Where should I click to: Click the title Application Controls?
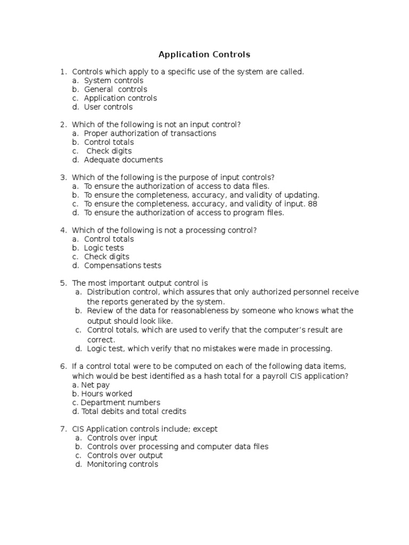tap(204, 54)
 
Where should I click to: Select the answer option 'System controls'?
tap(113, 80)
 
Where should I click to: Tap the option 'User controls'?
tap(108, 107)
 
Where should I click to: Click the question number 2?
tap(63, 125)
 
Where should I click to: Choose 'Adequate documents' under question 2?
tap(124, 160)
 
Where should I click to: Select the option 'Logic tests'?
tap(104, 248)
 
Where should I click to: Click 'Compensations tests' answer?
tap(122, 266)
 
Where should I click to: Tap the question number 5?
tap(63, 283)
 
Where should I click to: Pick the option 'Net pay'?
tap(95, 385)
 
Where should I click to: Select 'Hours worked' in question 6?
tap(107, 394)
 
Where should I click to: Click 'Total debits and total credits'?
tap(134, 411)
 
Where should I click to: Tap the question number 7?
tap(63, 429)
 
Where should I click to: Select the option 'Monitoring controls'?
tap(122, 464)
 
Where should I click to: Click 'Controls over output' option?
tap(125, 456)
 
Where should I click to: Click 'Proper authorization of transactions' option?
tap(150, 133)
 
